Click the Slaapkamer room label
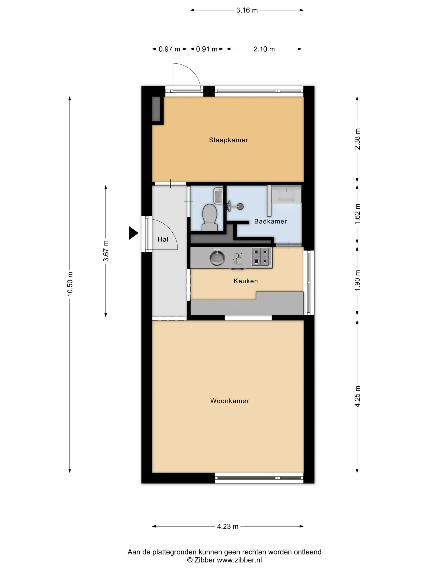[228, 140]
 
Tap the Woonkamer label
[230, 401]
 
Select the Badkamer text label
[270, 221]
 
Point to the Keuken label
[246, 281]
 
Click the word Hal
[163, 239]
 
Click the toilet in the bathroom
[209, 217]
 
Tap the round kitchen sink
[217, 258]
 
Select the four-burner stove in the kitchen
[261, 257]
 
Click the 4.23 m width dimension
[228, 526]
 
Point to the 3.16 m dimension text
[247, 10]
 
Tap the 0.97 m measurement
[169, 49]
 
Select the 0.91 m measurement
[207, 49]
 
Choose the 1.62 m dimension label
[357, 214]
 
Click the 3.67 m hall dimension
[106, 251]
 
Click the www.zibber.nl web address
[239, 560]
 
